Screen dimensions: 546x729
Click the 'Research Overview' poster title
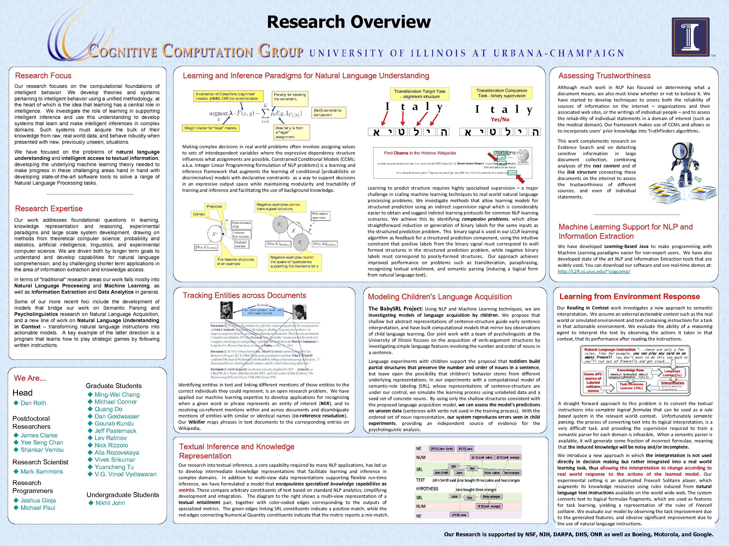pyautogui.click(x=349, y=22)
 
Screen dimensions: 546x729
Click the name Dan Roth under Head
pyautogui.click(x=33, y=403)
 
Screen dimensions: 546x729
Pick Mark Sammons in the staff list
pyautogui.click(x=42, y=471)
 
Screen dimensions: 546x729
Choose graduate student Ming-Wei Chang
pyautogui.click(x=117, y=395)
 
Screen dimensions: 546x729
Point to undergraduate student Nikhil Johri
pyautogui.click(x=110, y=503)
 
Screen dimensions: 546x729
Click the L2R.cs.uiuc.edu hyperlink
pyautogui.click(x=594, y=271)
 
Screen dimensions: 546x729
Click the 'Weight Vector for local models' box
pyautogui.click(x=210, y=128)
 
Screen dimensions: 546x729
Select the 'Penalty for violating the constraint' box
pyautogui.click(x=290, y=97)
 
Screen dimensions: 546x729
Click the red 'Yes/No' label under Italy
pyautogui.click(x=500, y=119)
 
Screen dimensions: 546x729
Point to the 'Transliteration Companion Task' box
pyautogui.click(x=502, y=93)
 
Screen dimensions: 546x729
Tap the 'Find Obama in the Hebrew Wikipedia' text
pyautogui.click(x=420, y=153)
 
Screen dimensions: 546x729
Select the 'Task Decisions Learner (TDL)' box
pyautogui.click(x=631, y=386)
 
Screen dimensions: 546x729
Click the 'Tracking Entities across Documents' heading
pyautogui.click(x=244, y=295)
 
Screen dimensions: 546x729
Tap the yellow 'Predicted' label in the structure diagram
pyautogui.click(x=214, y=206)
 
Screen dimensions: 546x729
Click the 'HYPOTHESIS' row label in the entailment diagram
pyautogui.click(x=427, y=489)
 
